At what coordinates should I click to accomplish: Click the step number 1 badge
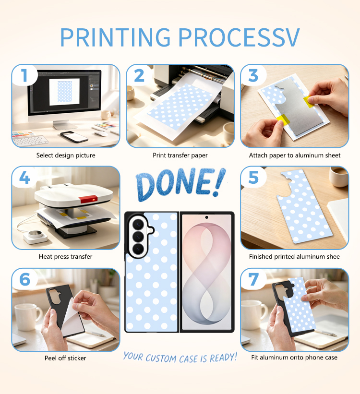click(24, 75)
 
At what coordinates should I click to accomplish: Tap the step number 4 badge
click(24, 178)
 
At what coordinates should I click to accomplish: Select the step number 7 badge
click(253, 279)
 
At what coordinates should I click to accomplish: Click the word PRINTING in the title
click(115, 37)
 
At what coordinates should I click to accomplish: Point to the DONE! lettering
click(180, 184)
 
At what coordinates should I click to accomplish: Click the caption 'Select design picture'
click(66, 155)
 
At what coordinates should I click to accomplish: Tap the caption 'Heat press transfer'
click(66, 257)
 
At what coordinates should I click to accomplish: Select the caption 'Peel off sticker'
click(65, 358)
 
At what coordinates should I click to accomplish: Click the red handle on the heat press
click(88, 199)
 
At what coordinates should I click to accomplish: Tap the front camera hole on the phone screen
click(207, 217)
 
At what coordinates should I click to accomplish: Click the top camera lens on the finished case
click(138, 224)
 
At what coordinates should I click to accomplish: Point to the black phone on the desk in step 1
click(74, 137)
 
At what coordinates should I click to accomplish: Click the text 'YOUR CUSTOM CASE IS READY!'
click(180, 358)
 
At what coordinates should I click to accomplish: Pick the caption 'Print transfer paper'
click(180, 155)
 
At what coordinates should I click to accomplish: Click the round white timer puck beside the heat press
click(36, 237)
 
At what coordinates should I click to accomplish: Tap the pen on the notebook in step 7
click(326, 333)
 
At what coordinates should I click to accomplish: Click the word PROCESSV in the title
click(239, 37)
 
